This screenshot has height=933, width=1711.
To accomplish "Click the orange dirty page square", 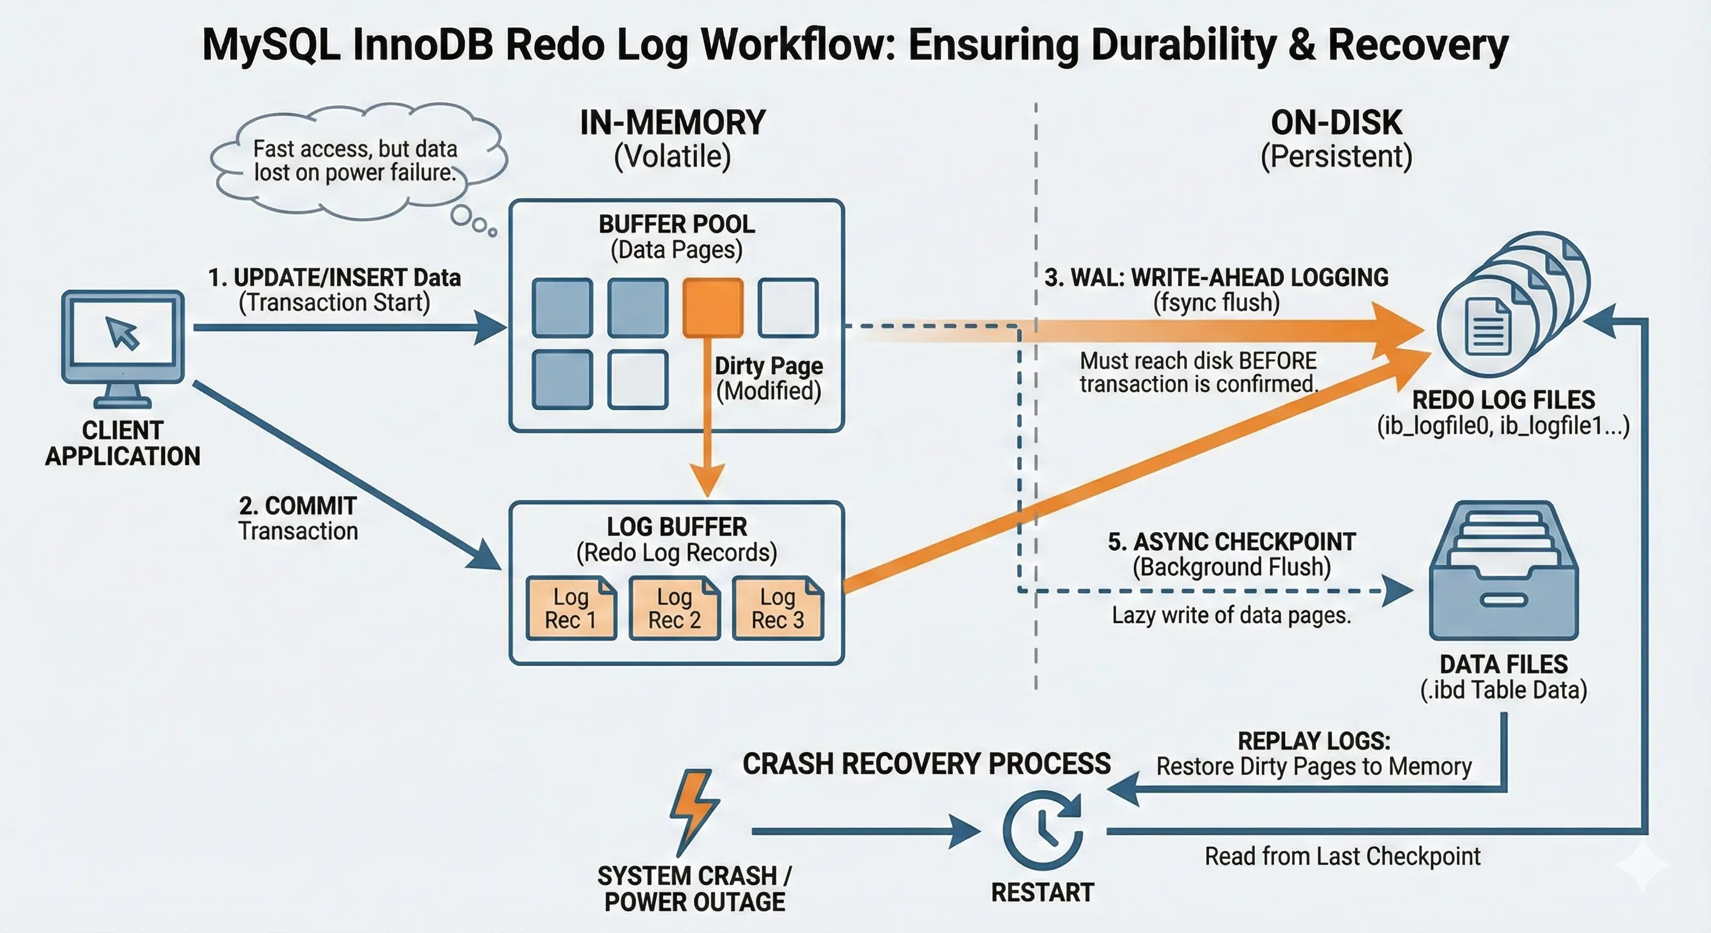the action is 713,307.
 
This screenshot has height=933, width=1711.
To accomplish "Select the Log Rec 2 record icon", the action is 674,608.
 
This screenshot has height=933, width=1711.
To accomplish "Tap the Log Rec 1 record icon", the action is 571,608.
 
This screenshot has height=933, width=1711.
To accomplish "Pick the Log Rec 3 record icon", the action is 778,608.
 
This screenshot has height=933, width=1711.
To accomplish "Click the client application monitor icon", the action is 123,349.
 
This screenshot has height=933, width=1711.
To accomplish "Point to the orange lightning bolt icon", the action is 693,812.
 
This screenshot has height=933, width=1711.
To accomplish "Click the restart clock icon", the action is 1043,830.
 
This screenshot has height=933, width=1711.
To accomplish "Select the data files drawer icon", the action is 1504,570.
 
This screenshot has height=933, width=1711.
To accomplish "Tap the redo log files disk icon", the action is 1513,304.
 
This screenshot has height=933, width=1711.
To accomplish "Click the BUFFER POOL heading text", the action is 677,225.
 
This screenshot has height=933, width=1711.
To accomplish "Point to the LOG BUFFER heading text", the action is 677,527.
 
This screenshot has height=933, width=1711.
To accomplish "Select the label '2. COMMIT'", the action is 298,506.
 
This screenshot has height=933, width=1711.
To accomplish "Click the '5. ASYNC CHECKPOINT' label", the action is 1232,542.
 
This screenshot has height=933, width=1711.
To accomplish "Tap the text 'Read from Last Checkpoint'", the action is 1342,856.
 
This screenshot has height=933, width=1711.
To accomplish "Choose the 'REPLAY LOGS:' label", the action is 1314,741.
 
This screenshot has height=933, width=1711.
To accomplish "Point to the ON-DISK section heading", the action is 1336,123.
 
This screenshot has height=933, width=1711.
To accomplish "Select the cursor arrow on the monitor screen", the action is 123,333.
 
